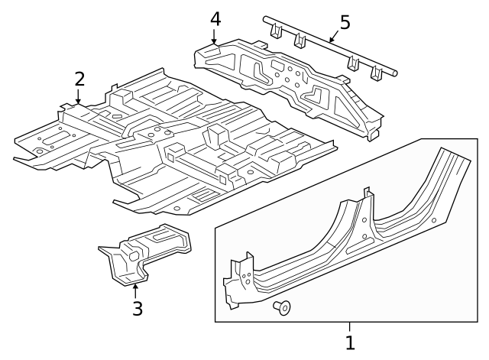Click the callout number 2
click(x=79, y=78)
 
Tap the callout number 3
click(x=137, y=309)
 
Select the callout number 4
click(x=215, y=18)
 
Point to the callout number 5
click(x=345, y=22)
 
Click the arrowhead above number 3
click(x=135, y=287)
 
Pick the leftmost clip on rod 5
click(x=276, y=31)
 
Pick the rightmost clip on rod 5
click(x=376, y=73)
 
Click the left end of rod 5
click(x=264, y=17)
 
